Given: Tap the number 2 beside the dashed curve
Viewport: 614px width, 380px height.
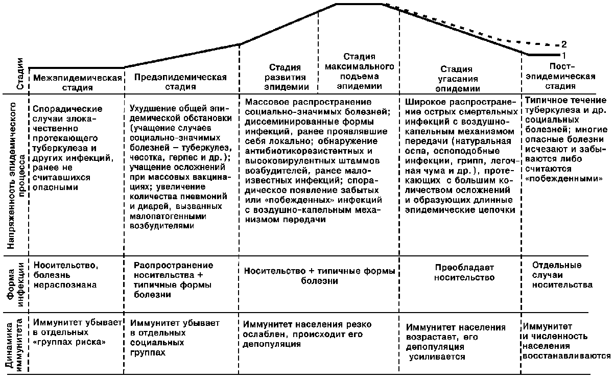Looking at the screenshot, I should (x=564, y=44).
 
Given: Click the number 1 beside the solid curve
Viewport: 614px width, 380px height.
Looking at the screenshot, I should (x=564, y=55).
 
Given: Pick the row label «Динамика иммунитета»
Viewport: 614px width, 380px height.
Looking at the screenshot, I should (x=14, y=343).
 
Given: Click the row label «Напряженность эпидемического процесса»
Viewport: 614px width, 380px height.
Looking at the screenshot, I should (x=14, y=174).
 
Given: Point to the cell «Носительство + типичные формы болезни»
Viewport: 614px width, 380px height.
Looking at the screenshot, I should (x=319, y=275).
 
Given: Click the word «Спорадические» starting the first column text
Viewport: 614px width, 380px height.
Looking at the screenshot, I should (x=67, y=109).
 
